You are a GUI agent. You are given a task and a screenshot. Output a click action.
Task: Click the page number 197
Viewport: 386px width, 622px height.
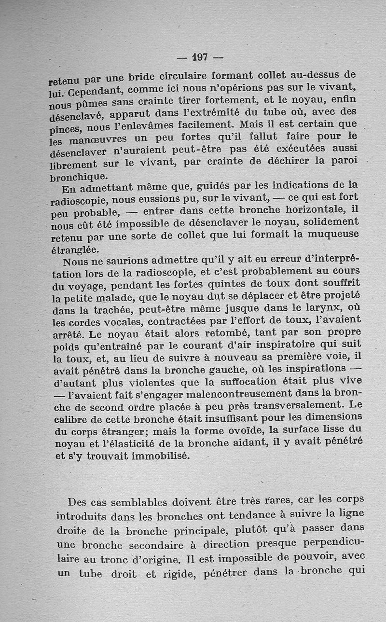(199, 57)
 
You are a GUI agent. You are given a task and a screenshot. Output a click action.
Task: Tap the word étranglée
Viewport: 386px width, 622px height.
(75, 250)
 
